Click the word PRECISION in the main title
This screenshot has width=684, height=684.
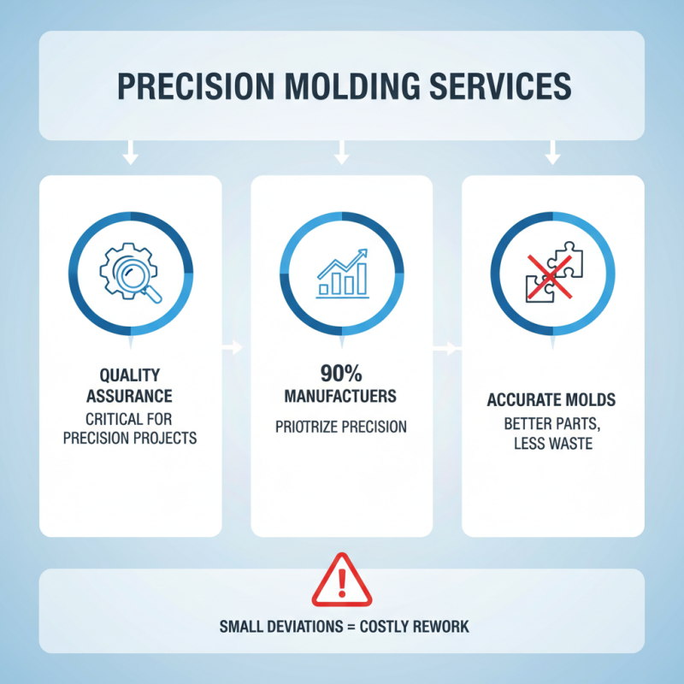coord(188,87)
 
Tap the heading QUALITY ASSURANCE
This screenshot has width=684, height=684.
coord(130,386)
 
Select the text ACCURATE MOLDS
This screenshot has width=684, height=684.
coord(552,400)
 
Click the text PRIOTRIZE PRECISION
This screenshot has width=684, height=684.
coord(341,427)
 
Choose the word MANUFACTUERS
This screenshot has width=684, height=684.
coord(341,398)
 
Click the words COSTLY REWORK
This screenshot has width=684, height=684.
coord(415,627)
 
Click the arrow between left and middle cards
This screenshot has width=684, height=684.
coord(232,348)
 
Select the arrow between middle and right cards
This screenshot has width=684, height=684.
coord(445,348)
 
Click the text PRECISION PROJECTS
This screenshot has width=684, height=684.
coord(130,439)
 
